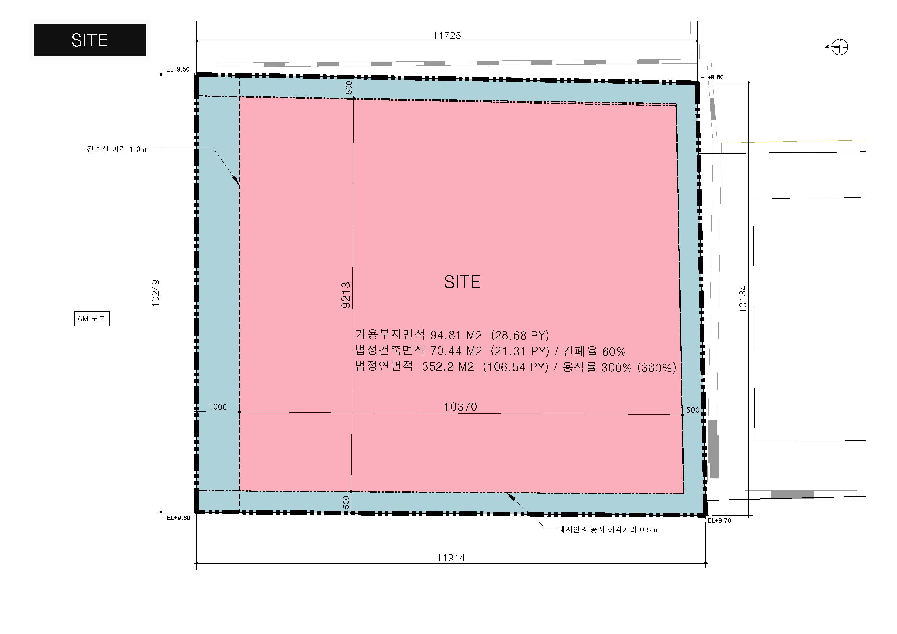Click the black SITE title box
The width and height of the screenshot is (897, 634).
coord(90,40)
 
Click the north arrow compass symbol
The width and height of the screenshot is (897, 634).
coord(839,47)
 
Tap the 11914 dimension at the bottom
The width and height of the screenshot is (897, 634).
coord(451,558)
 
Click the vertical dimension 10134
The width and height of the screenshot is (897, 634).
coord(743,299)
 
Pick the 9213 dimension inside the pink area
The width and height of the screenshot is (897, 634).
coord(346,295)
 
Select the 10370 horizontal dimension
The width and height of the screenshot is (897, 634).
coord(460,407)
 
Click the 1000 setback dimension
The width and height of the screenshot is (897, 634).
coord(218,407)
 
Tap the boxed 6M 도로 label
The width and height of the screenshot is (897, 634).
coord(92,318)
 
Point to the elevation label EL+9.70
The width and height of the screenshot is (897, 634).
coord(719,520)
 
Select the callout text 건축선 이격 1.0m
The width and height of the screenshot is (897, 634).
coord(116,149)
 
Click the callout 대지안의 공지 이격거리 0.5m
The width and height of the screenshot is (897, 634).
coord(608,530)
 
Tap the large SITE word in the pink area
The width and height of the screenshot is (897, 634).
coord(462,282)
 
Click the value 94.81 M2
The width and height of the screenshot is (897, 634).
coord(456,335)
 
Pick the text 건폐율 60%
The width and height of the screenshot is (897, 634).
coord(594,351)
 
